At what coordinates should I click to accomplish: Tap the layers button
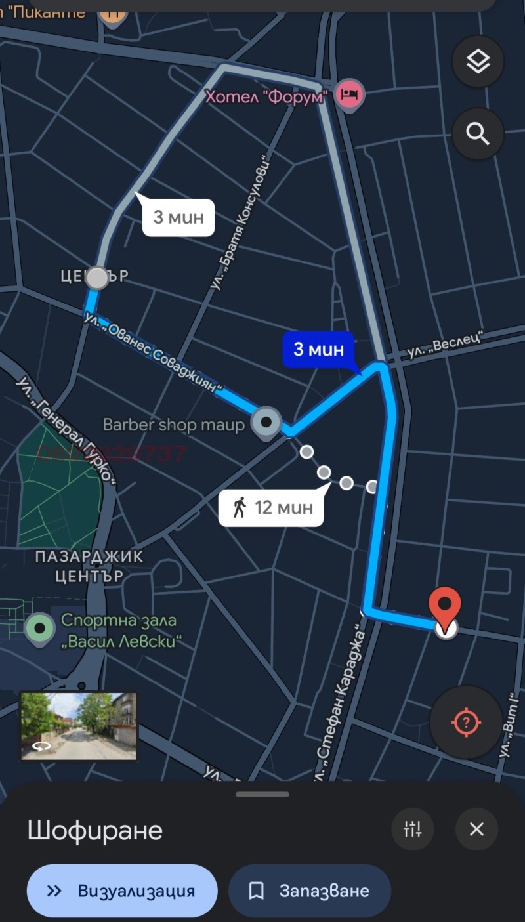[x=478, y=62]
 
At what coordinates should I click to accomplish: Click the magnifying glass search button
[x=478, y=134]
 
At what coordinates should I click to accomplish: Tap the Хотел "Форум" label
[x=266, y=97]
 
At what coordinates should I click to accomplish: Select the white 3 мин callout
[x=178, y=217]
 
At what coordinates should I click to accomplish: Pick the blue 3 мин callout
[x=318, y=349]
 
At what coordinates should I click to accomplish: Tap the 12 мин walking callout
[x=271, y=507]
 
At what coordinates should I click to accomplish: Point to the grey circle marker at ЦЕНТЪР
[x=97, y=278]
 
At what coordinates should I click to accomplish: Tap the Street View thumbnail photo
[x=79, y=726]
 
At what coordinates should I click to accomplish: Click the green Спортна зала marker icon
[x=40, y=628]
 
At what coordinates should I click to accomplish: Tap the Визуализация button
[x=122, y=891]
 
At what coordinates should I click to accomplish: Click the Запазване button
[x=310, y=891]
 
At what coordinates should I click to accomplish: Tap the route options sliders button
[x=413, y=829]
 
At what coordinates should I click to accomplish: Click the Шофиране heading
[x=95, y=830]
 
